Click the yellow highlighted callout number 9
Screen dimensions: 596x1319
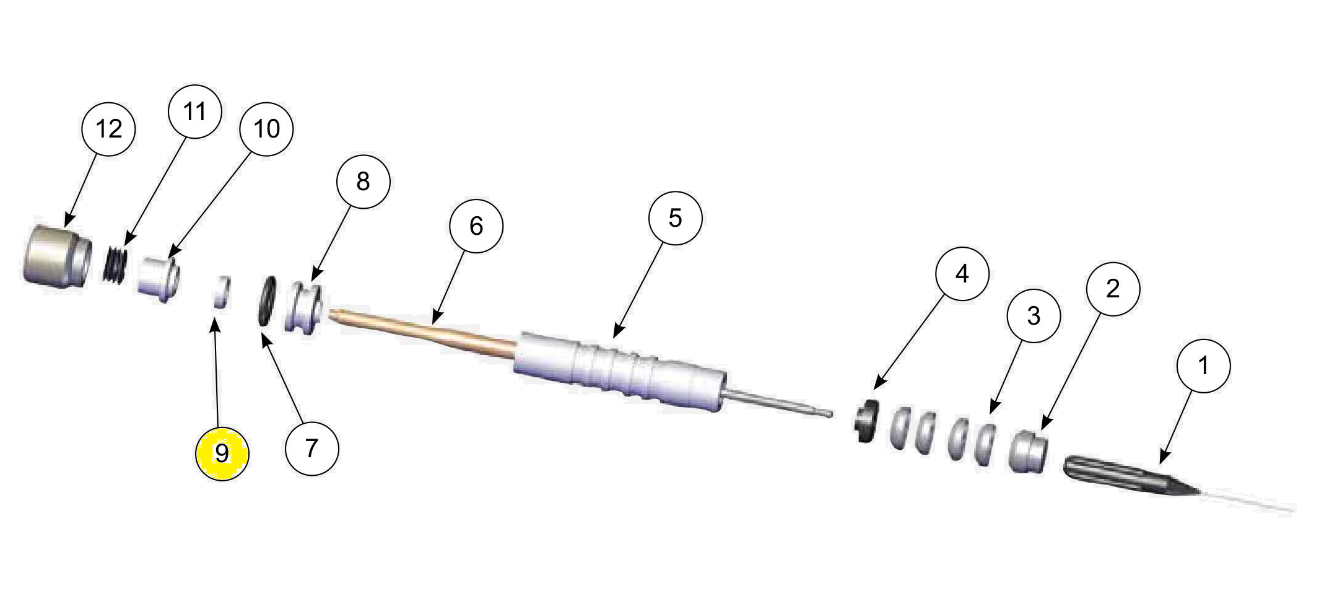[222, 454]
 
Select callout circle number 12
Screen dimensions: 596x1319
[108, 129]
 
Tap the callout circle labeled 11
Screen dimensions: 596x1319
[194, 112]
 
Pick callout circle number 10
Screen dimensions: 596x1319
[266, 129]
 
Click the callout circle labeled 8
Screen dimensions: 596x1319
[363, 182]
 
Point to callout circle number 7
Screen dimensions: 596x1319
[311, 448]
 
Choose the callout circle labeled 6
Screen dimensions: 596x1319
[476, 226]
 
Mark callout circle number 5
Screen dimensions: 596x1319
[675, 218]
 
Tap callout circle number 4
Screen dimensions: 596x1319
[962, 274]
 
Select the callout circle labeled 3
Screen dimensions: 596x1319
[1033, 316]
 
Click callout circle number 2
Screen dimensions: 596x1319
[1113, 289]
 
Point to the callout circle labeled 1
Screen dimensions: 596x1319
[1203, 366]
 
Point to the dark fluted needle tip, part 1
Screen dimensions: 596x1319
[1127, 477]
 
